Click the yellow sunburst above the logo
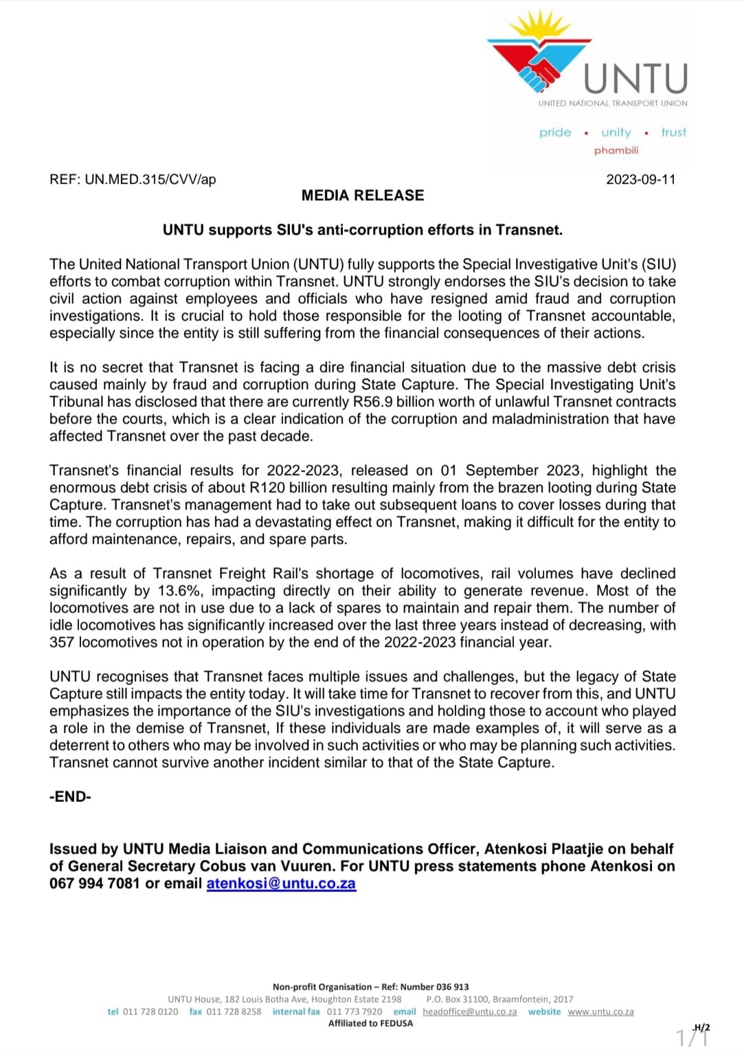(540, 27)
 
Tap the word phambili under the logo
(616, 150)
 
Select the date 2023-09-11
(640, 179)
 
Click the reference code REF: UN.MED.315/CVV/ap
(133, 179)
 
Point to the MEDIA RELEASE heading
(363, 196)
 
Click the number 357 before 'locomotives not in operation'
(62, 643)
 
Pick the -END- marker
(70, 797)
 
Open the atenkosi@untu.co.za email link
(281, 884)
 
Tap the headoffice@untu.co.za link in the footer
(469, 1012)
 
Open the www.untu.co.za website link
(600, 1012)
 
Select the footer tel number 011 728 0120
(150, 1012)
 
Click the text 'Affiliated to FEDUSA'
(370, 1023)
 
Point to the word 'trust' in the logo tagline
(673, 132)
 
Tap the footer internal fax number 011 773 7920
(355, 1012)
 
